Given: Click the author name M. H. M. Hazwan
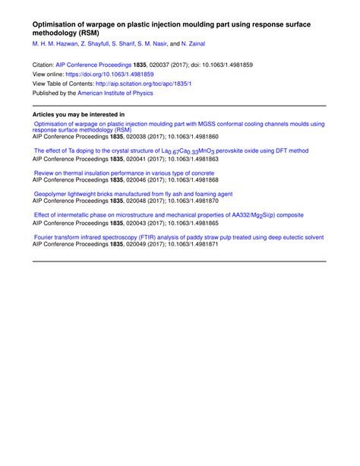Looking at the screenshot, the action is pos(55,45).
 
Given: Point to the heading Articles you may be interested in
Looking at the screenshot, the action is pos(78,115).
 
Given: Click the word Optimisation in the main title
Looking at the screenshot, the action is pos(56,24).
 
